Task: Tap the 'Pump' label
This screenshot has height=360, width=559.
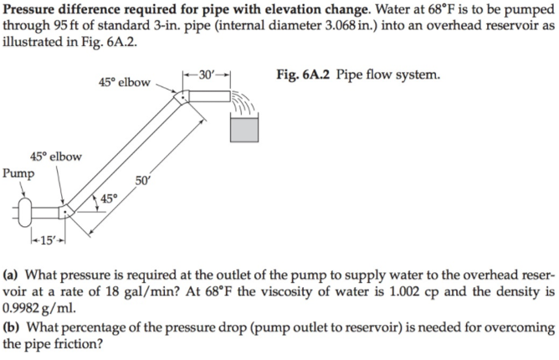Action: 18,173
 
